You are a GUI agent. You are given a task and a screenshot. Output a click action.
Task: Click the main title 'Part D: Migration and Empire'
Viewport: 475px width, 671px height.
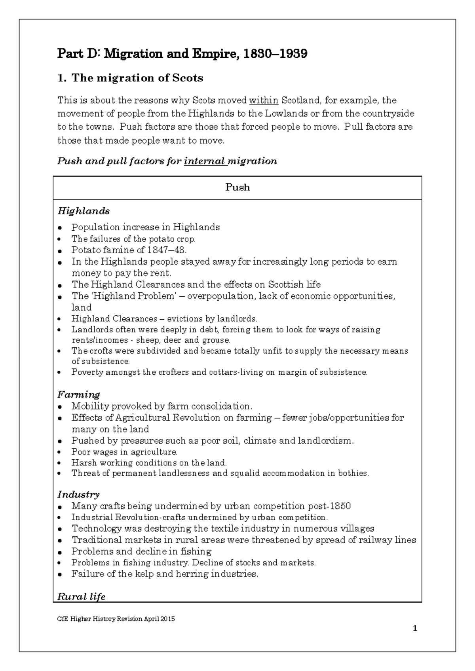click(182, 54)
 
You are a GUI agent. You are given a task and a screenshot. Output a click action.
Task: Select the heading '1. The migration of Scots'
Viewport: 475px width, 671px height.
click(130, 78)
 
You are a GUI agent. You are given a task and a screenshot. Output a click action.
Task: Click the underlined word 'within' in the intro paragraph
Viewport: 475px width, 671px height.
click(264, 100)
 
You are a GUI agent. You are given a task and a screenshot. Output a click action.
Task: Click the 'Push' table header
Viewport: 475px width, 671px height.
click(237, 188)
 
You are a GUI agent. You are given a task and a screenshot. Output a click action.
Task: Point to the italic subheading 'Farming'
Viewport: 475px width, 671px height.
click(78, 394)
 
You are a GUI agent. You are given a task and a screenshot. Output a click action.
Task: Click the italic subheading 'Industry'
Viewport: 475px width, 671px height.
click(78, 495)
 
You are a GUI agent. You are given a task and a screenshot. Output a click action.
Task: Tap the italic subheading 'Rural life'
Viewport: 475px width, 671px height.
click(81, 597)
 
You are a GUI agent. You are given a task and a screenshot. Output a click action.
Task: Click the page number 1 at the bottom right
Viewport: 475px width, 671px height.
click(415, 629)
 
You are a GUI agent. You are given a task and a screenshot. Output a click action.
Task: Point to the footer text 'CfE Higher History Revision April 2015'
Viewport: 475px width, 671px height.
click(116, 619)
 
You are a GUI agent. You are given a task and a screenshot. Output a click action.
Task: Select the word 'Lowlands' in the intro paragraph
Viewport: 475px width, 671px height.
click(286, 114)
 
